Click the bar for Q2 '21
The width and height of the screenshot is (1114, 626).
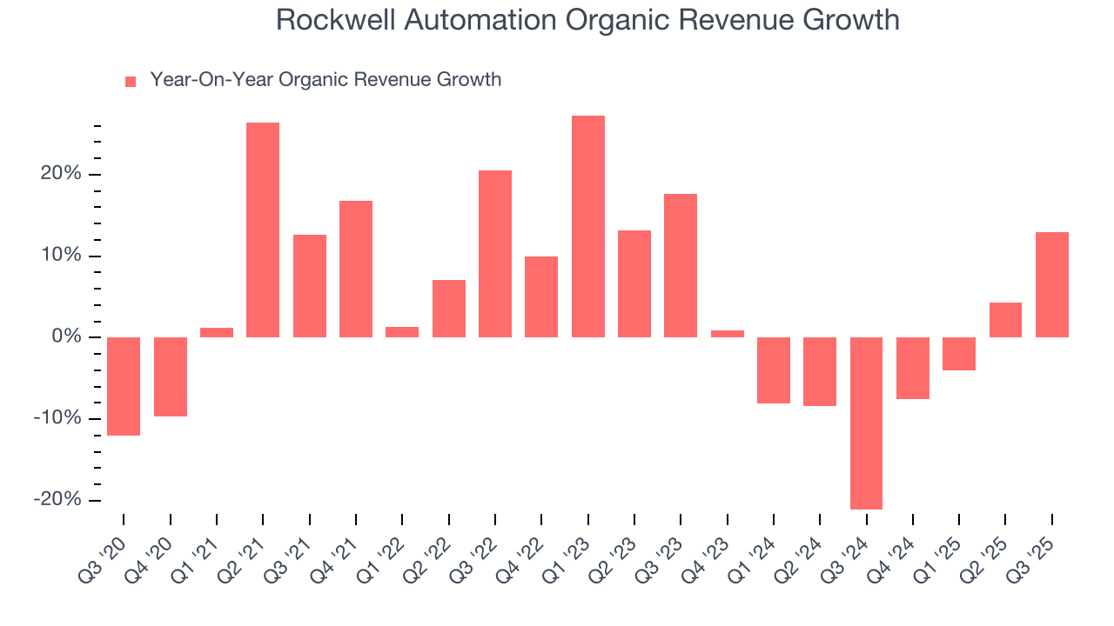coord(263,230)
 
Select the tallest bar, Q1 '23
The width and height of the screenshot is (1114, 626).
coord(587,226)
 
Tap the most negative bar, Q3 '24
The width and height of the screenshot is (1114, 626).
coord(866,423)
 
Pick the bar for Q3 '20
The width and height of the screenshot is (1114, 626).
coord(124,386)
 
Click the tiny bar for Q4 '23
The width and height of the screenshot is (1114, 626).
coord(727,334)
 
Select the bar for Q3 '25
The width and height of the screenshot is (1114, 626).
coord(1051,284)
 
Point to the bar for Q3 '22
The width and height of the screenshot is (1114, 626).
coord(495,254)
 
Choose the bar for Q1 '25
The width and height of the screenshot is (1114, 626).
coord(959,354)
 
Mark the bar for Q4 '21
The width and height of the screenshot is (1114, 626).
coord(356,269)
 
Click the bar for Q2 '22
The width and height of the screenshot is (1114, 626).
coord(449,309)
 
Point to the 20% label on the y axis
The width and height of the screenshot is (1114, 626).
coord(61,175)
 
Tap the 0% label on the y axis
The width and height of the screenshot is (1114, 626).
coord(65,337)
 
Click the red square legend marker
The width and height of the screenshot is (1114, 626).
coord(131,82)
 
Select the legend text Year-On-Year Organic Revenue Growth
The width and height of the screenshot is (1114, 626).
coord(325,80)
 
